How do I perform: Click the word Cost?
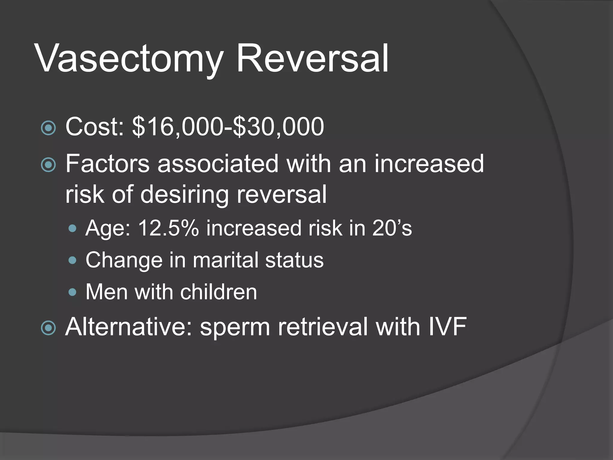pyautogui.click(x=95, y=127)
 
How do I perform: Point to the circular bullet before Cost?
pyautogui.click(x=48, y=128)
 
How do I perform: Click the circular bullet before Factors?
pyautogui.click(x=48, y=165)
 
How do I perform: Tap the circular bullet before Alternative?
pyautogui.click(x=48, y=328)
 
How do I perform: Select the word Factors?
pyautogui.click(x=107, y=164)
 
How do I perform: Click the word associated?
pyautogui.click(x=218, y=164)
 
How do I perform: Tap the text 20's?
pyautogui.click(x=392, y=228)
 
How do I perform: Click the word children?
pyautogui.click(x=219, y=292)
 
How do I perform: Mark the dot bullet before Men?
pyautogui.click(x=72, y=292)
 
